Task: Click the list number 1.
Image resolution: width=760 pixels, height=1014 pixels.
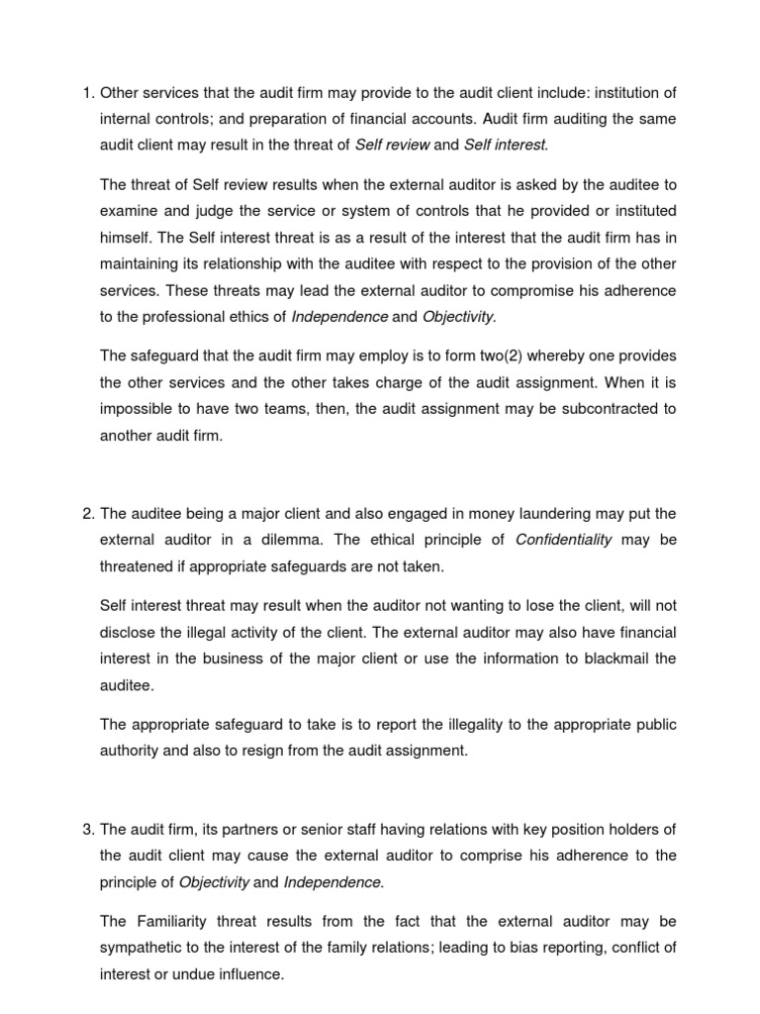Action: pyautogui.click(x=85, y=93)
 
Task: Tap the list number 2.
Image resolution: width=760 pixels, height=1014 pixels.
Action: pyautogui.click(x=85, y=513)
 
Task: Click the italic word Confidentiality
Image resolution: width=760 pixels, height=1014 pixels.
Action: pyautogui.click(x=565, y=540)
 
